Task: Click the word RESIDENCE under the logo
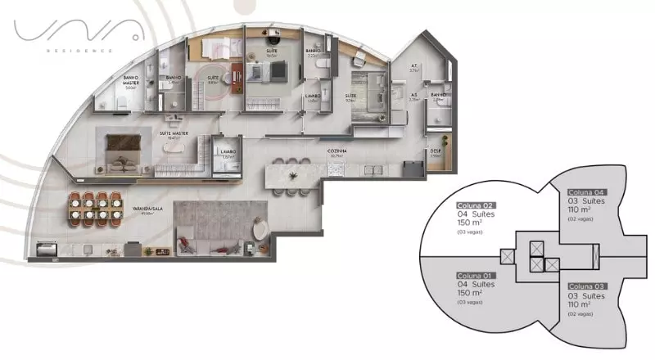[x=79, y=49]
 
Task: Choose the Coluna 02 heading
[x=477, y=205]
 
